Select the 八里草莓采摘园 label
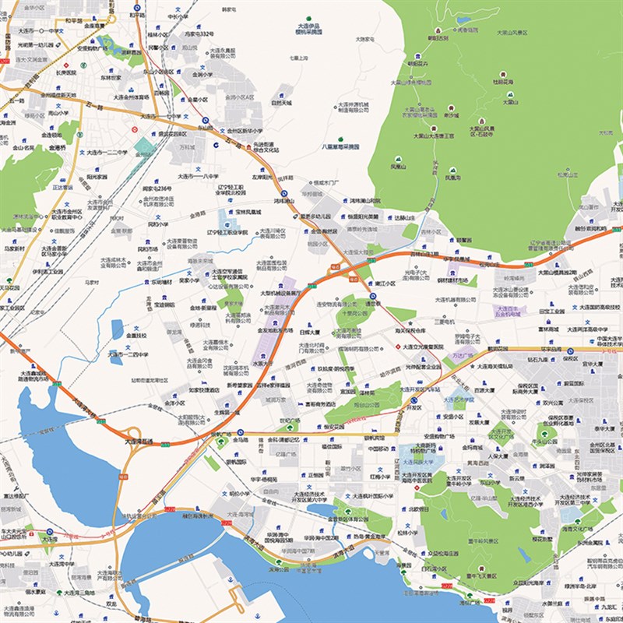coord(341,146)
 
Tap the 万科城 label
coord(187,146)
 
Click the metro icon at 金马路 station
coord(241,433)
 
